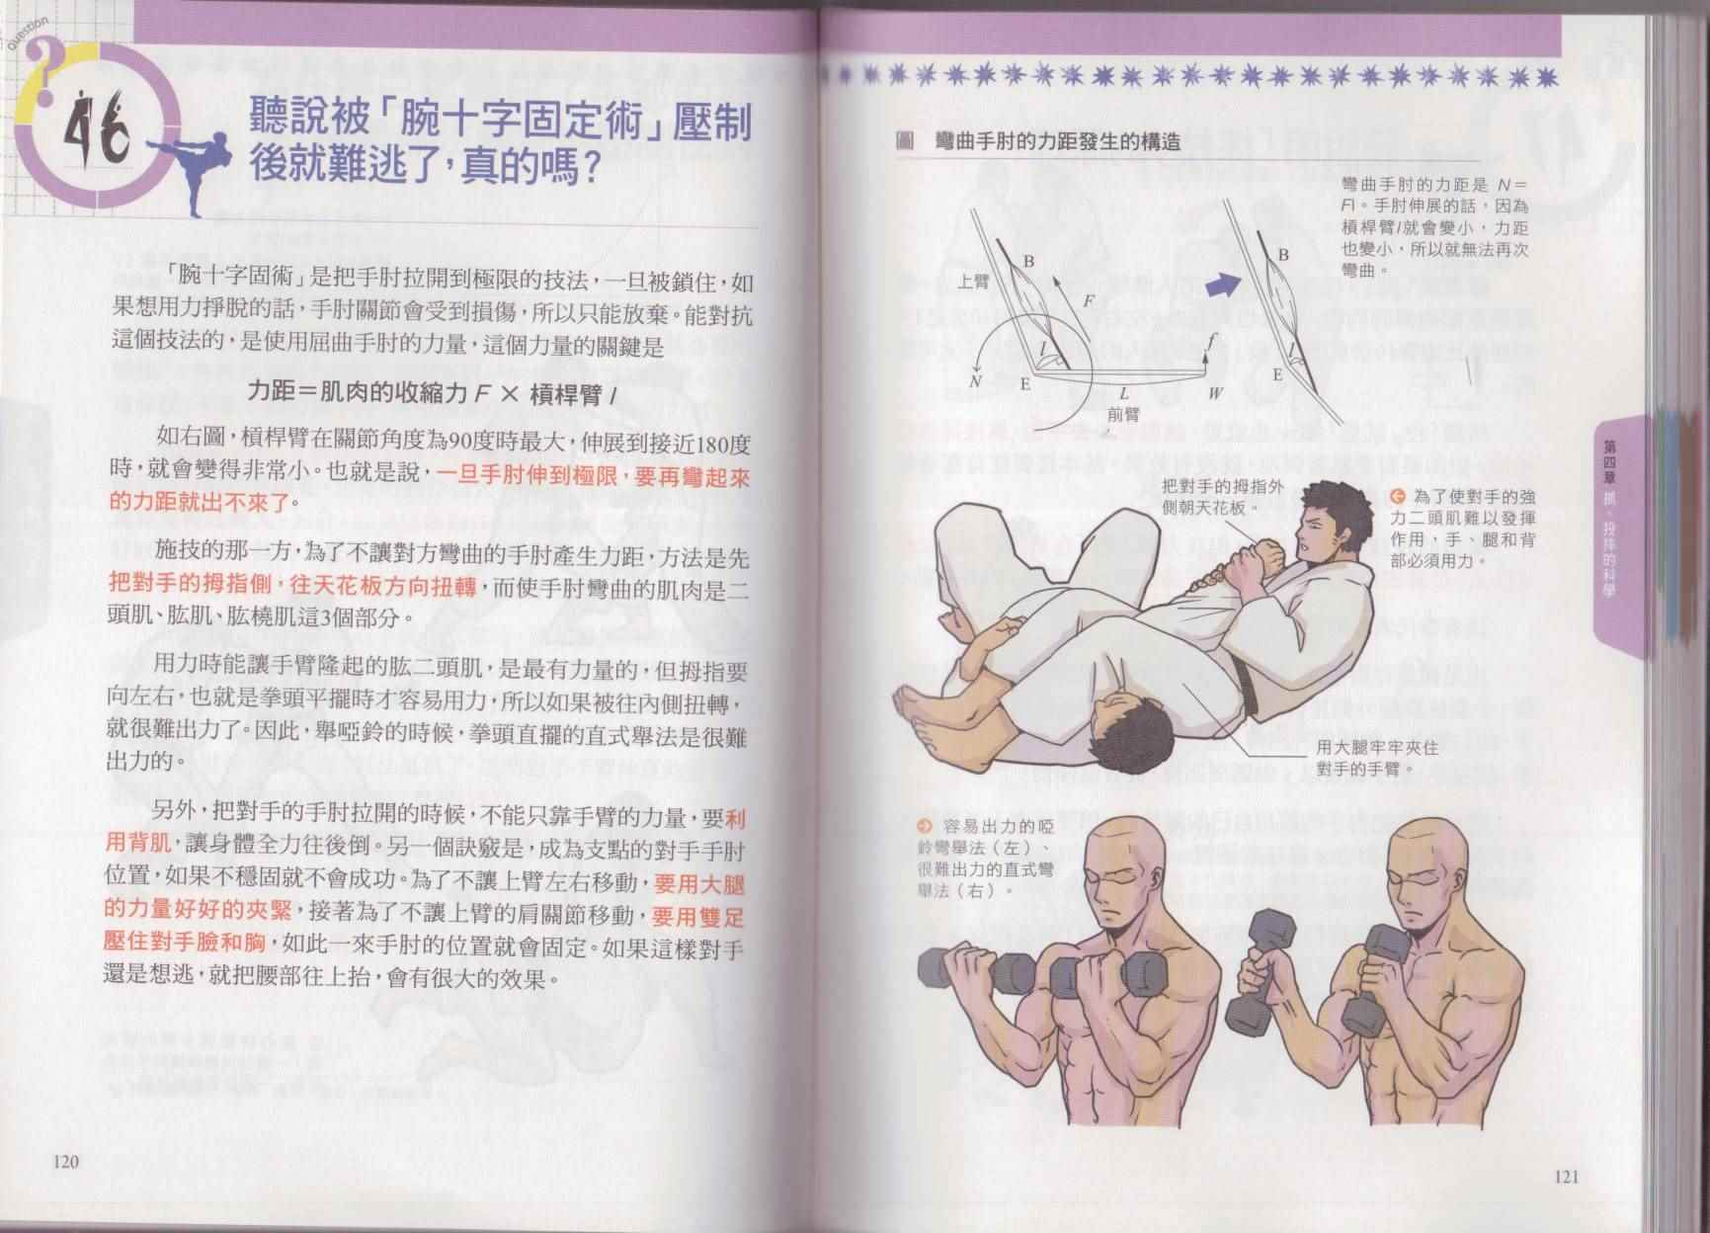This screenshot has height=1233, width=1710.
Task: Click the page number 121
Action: [x=1567, y=1176]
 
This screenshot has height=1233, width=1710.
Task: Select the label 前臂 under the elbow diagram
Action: [x=1123, y=415]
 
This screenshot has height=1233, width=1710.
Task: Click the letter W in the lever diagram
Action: [x=1215, y=392]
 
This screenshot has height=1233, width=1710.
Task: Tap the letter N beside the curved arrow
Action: [x=976, y=380]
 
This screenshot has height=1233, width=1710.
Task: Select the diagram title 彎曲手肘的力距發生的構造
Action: [x=1057, y=141]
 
